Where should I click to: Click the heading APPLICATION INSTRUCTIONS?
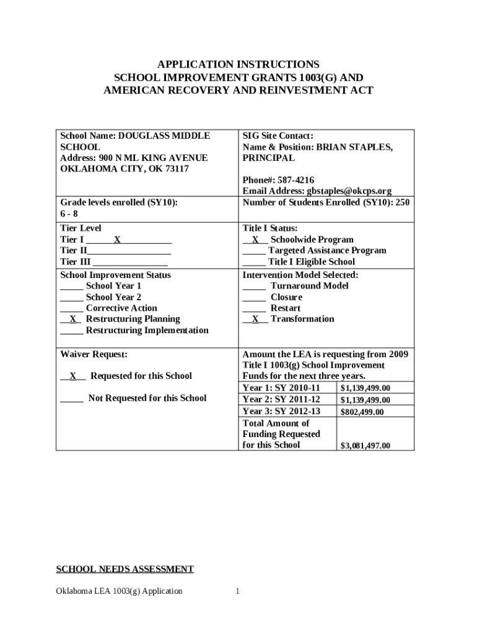pos(239,64)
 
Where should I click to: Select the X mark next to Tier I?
pos(116,240)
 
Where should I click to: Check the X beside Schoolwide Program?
pos(255,240)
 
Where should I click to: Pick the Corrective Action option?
pos(121,308)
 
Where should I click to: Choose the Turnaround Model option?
pos(309,286)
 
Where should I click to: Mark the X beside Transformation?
pos(255,319)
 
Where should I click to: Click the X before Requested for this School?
pos(72,376)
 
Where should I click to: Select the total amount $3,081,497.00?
pos(365,445)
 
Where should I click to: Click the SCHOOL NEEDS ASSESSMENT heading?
pos(125,569)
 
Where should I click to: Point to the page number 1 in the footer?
pos(237,591)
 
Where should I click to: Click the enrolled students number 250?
pos(401,202)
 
